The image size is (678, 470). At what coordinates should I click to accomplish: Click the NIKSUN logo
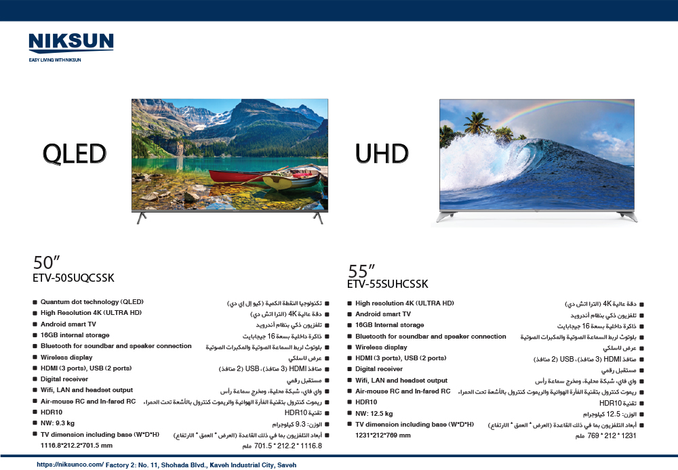tap(71, 43)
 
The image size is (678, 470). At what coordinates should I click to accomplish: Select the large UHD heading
tap(382, 154)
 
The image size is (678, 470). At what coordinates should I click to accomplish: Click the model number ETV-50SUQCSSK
tap(73, 278)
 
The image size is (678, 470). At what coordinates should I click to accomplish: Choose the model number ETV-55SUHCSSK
tap(387, 284)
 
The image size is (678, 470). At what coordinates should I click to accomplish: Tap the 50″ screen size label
tap(46, 262)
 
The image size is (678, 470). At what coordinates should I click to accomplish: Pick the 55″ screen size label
tap(361, 271)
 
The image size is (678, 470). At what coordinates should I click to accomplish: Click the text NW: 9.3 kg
tap(58, 423)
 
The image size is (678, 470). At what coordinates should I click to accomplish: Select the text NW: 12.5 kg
tap(374, 413)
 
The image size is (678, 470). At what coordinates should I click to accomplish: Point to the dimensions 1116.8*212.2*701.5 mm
tap(77, 446)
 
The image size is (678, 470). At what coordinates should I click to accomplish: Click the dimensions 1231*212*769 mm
tap(383, 435)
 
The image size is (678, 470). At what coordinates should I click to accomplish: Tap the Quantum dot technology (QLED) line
tap(92, 302)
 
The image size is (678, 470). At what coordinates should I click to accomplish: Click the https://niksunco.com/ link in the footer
tap(70, 465)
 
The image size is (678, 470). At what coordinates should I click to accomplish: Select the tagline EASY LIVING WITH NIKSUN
tap(55, 60)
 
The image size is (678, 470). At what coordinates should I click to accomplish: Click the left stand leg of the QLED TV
tap(141, 217)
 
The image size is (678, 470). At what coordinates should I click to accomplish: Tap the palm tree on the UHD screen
tap(476, 123)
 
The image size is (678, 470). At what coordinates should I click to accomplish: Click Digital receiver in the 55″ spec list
tap(379, 369)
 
